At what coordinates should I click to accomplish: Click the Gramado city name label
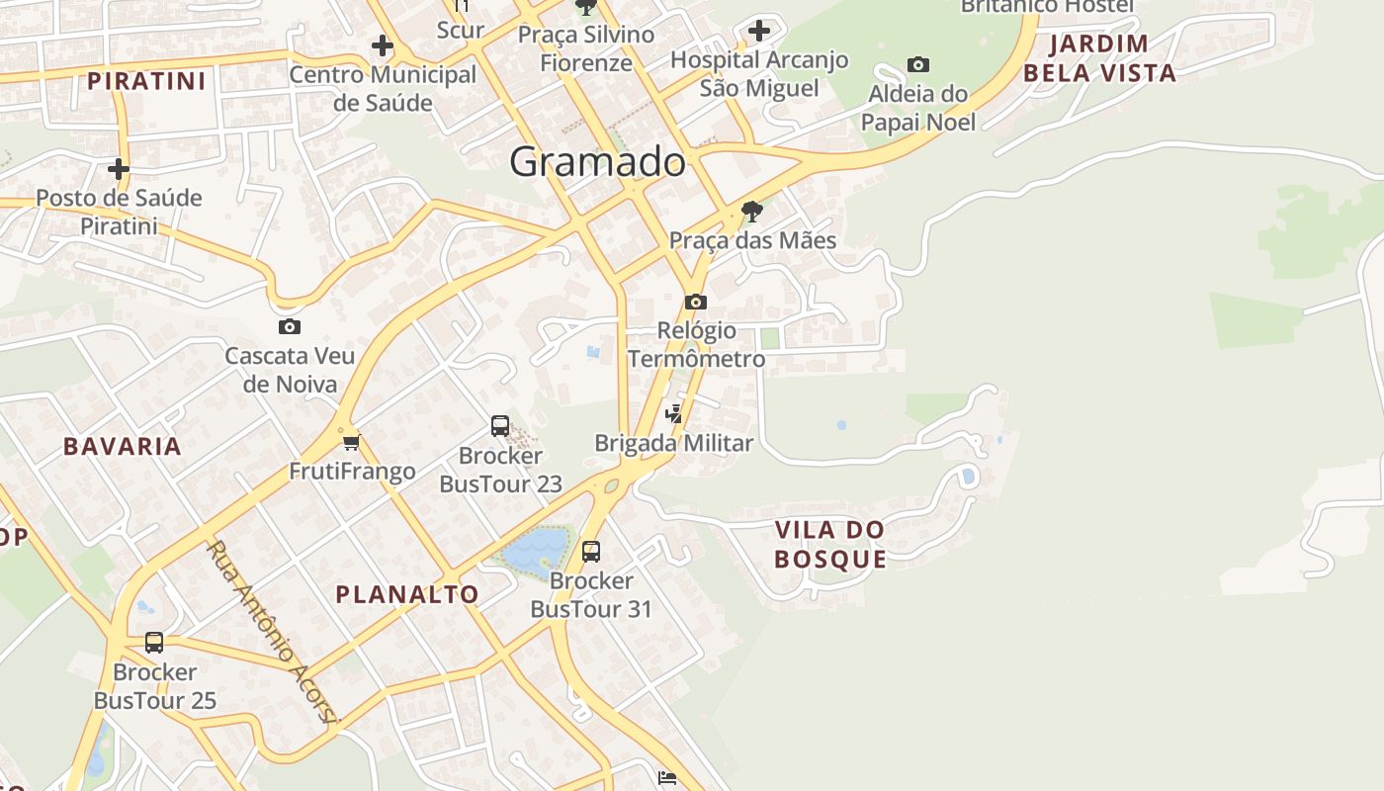(597, 161)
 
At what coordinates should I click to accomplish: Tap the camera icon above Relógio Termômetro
(695, 302)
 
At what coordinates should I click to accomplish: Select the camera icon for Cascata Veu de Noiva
(290, 326)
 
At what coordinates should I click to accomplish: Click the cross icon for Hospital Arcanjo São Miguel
(758, 31)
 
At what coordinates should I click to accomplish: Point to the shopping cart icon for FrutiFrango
(351, 441)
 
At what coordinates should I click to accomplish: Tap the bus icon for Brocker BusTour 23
(500, 426)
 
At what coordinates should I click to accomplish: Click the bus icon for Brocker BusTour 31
(591, 551)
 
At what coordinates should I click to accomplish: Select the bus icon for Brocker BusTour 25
(154, 643)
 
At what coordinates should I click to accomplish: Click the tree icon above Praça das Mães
(751, 211)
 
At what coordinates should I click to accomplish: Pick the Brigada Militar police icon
(674, 414)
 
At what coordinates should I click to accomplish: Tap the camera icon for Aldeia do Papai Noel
(918, 65)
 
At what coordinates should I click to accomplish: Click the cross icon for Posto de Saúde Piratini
(119, 169)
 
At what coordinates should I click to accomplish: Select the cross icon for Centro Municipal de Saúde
(383, 45)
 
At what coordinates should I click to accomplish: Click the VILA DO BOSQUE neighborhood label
(829, 544)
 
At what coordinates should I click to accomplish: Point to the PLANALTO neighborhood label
(407, 594)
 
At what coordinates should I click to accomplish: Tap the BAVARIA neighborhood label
(123, 446)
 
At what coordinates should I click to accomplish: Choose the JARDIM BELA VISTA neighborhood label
(1099, 57)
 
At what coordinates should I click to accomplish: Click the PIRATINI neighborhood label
(146, 81)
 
